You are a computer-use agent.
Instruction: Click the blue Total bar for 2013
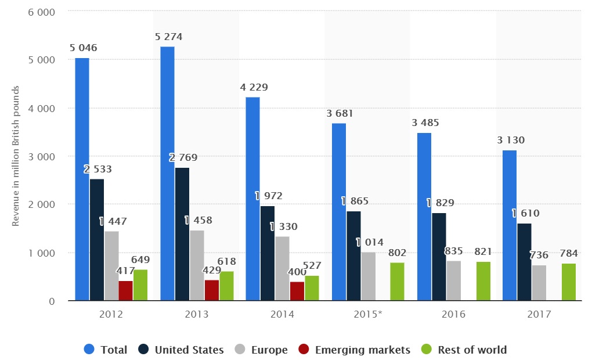click(x=167, y=174)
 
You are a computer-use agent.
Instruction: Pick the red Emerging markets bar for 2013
click(x=212, y=290)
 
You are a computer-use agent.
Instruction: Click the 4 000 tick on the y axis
click(x=43, y=109)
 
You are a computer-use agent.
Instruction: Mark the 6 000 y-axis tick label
click(x=43, y=12)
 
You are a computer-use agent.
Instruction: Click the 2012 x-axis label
click(x=111, y=315)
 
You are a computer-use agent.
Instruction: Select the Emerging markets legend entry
click(x=354, y=350)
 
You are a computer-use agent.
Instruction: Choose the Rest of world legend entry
click(x=464, y=350)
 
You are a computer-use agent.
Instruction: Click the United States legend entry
click(x=181, y=350)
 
